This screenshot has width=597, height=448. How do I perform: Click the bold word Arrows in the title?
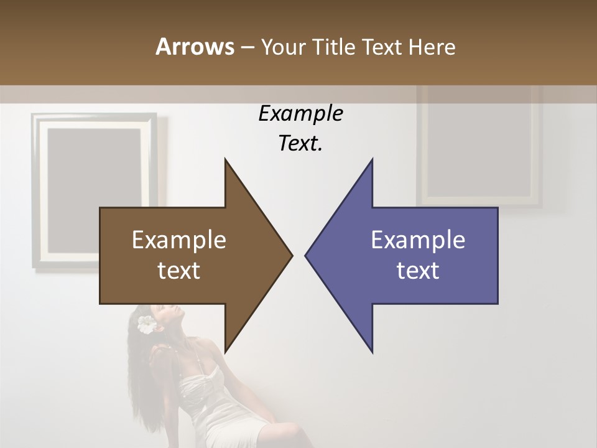tap(195, 47)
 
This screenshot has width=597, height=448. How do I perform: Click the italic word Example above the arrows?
tap(300, 114)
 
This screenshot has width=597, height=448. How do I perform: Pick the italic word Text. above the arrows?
tap(300, 144)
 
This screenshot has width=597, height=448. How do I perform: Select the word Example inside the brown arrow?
tap(179, 240)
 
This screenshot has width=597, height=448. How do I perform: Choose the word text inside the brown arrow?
tap(179, 270)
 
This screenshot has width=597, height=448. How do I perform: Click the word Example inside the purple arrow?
tap(418, 240)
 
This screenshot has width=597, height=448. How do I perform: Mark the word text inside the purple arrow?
tap(418, 270)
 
